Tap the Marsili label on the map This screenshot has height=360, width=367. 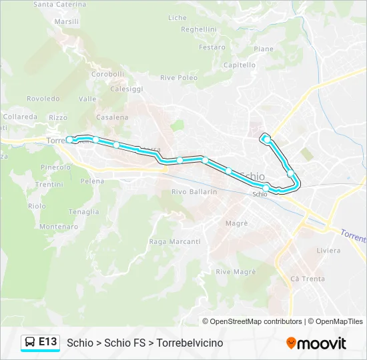tap(67, 21)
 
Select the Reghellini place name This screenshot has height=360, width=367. tap(199, 29)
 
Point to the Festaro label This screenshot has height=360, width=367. tap(212, 47)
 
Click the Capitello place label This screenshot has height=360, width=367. tap(240, 65)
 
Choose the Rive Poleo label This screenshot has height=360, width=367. tap(179, 78)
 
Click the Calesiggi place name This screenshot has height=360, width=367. tap(127, 89)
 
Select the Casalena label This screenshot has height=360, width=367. tap(112, 117)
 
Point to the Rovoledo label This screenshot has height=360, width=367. tap(43, 99)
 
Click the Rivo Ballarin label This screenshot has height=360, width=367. tap(194, 192)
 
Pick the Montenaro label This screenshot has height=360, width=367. tap(59, 227)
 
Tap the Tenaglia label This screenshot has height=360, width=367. tap(84, 212)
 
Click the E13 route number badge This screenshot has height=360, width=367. tap(47, 342)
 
